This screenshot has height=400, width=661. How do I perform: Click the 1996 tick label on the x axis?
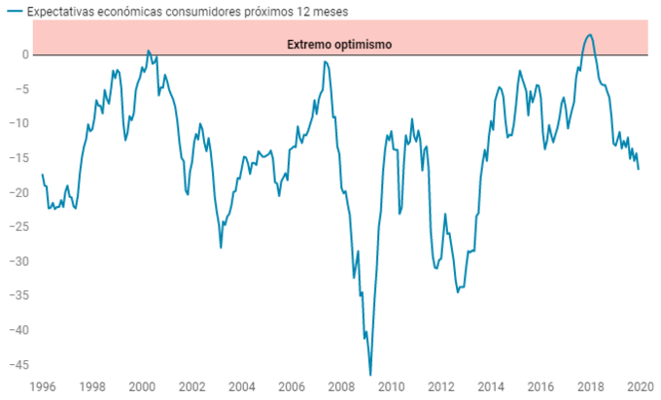pyautogui.click(x=42, y=387)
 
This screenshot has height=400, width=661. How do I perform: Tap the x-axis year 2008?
pyautogui.click(x=342, y=387)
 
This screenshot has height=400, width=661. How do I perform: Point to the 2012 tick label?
pyautogui.click(x=442, y=387)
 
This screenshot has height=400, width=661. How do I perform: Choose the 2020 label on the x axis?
pyautogui.click(x=641, y=387)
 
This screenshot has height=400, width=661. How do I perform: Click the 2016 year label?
pyautogui.click(x=541, y=387)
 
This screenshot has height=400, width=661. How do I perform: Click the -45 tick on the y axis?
pyautogui.click(x=18, y=365)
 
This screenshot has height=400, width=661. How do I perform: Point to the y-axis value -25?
pyautogui.click(x=18, y=227)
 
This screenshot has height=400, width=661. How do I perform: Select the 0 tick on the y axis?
pyautogui.click(x=25, y=54)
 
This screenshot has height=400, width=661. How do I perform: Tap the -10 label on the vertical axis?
pyautogui.click(x=18, y=123)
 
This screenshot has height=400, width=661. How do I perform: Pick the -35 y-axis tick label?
pyautogui.click(x=18, y=296)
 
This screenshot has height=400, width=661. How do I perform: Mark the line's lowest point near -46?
pyautogui.click(x=370, y=374)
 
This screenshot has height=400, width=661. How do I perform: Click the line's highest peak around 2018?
pyautogui.click(x=590, y=35)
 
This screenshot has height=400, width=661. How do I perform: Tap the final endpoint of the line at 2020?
pyautogui.click(x=639, y=170)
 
